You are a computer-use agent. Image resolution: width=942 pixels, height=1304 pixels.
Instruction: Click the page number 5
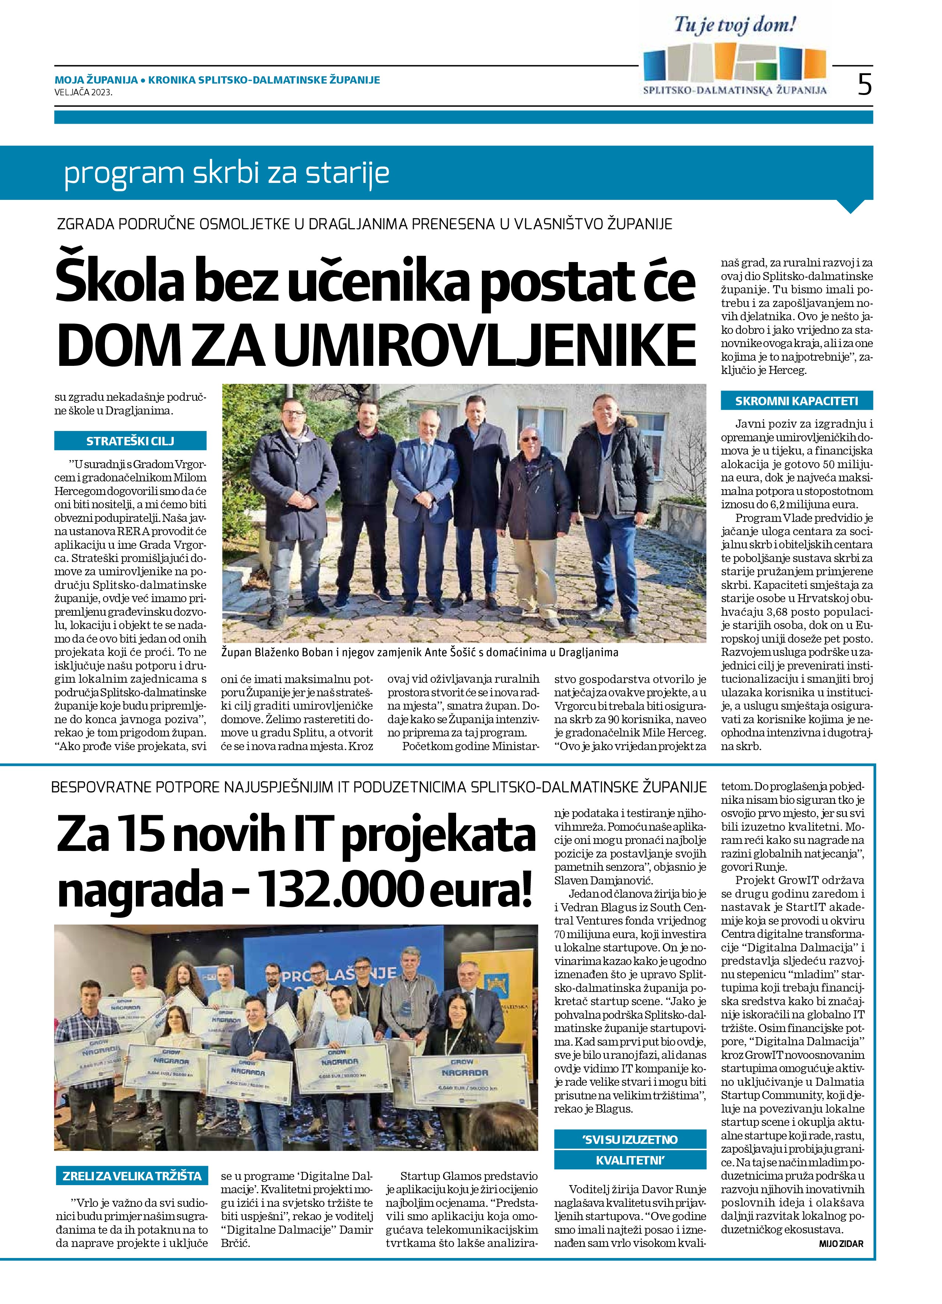(x=864, y=85)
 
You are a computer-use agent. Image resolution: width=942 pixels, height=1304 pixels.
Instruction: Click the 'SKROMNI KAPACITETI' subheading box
(x=797, y=401)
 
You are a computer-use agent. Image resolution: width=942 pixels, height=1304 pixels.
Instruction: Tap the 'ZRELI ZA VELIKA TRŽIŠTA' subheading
(x=132, y=1176)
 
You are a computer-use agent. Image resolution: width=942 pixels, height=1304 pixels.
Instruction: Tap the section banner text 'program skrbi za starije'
(x=227, y=173)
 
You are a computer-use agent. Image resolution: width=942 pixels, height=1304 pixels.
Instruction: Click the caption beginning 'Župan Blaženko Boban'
(x=420, y=652)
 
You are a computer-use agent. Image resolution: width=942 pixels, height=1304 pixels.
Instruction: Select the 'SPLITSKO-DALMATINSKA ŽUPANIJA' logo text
(x=735, y=90)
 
